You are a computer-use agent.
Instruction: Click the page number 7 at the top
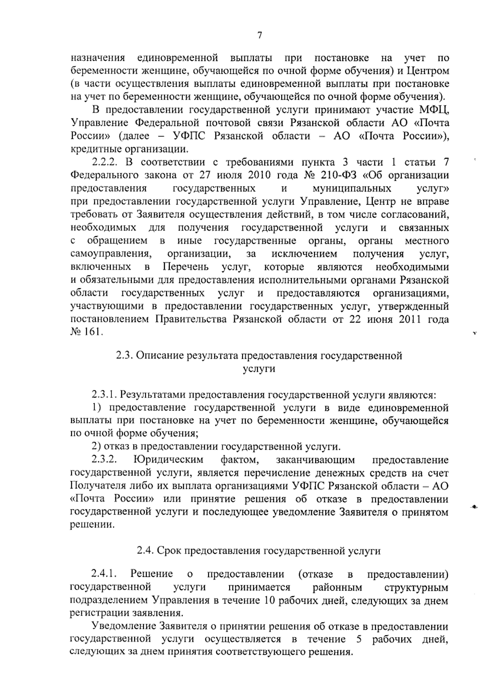coord(260,36)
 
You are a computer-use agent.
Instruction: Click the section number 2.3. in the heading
coord(124,355)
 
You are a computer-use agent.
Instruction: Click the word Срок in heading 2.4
coord(169,551)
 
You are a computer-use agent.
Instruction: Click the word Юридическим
coord(168,460)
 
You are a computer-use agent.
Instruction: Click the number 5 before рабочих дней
coord(359,639)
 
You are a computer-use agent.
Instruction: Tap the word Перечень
coord(186,267)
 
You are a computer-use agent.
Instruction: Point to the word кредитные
coord(93,149)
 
